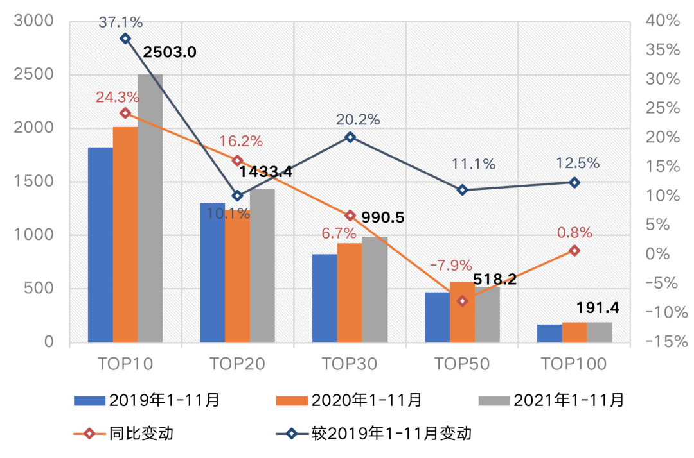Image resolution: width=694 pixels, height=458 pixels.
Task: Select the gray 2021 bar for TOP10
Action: pyautogui.click(x=150, y=208)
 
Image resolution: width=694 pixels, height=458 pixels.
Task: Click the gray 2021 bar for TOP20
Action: pyautogui.click(x=262, y=265)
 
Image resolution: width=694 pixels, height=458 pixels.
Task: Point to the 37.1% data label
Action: pyautogui.click(x=121, y=22)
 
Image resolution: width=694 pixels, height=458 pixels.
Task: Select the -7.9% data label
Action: pyautogui.click(x=450, y=265)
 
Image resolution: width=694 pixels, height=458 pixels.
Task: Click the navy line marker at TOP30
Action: pyautogui.click(x=350, y=137)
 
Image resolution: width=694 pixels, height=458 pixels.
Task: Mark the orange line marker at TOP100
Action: pyautogui.click(x=574, y=250)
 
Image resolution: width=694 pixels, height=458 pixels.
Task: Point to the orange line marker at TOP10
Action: pyautogui.click(x=125, y=113)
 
